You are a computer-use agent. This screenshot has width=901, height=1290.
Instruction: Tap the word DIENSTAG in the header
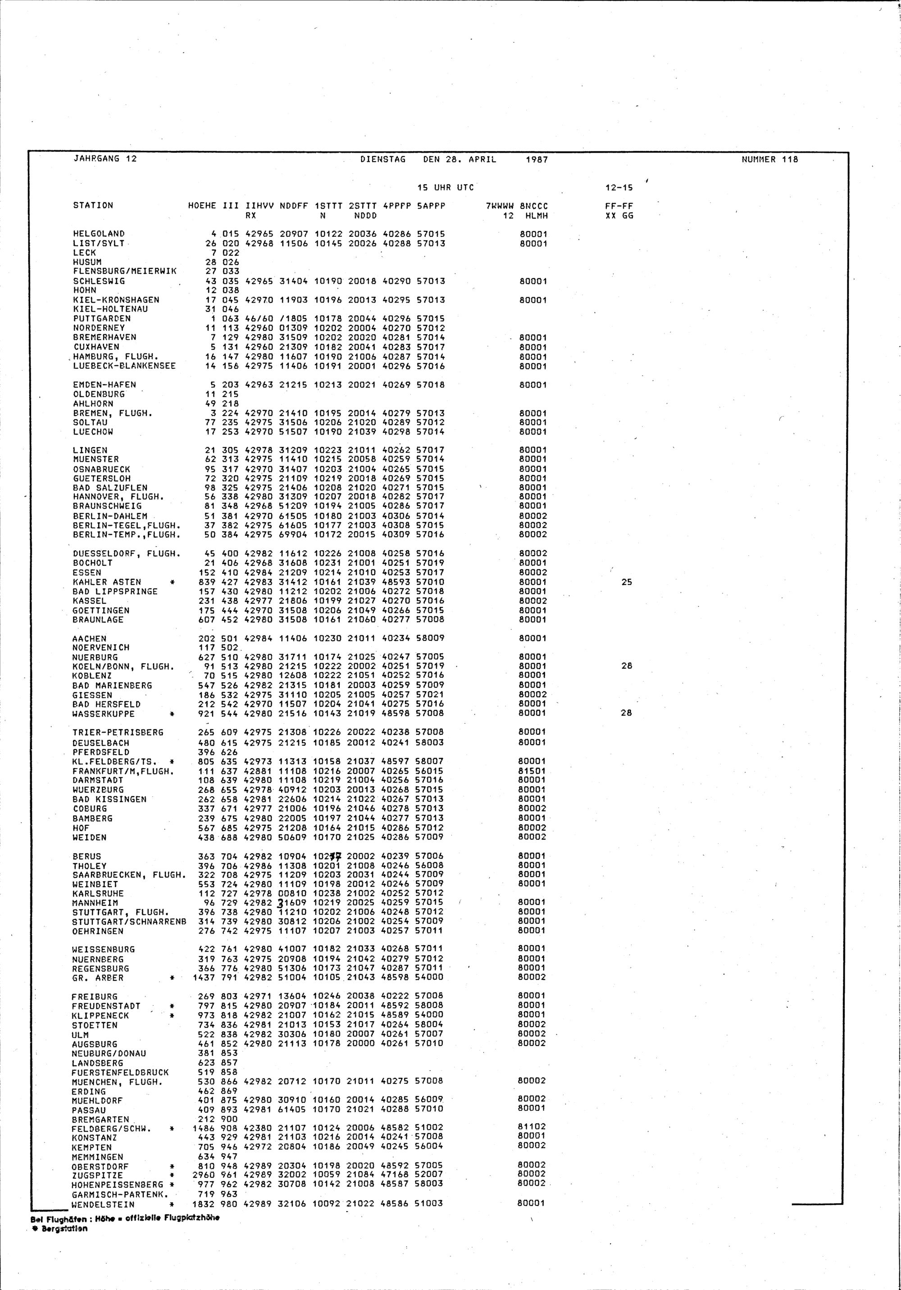pyautogui.click(x=383, y=159)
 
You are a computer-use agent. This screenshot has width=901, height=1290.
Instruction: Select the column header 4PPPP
pyautogui.click(x=396, y=206)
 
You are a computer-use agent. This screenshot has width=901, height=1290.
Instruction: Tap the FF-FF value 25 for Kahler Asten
pyautogui.click(x=627, y=582)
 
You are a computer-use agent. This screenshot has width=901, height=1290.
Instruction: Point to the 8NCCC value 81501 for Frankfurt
pyautogui.click(x=532, y=771)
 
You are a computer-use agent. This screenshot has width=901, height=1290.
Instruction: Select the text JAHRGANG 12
pyautogui.click(x=105, y=159)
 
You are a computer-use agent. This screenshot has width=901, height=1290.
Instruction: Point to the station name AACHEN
pyautogui.click(x=89, y=638)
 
